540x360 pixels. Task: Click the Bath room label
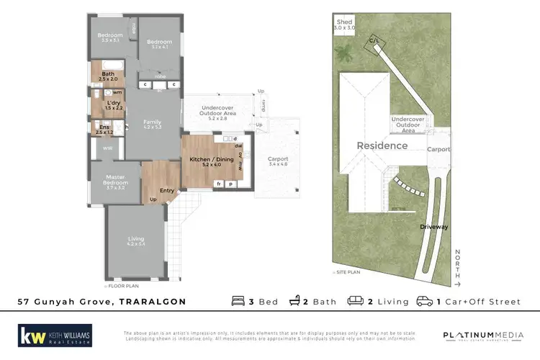[108, 74]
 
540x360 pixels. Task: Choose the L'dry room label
[113, 104]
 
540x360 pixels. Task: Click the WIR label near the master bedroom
[107, 148]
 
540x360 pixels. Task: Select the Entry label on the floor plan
[167, 190]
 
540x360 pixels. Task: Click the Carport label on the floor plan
[277, 160]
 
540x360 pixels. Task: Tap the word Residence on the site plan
[382, 145]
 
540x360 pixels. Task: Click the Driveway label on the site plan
[434, 227]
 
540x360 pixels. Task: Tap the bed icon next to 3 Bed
[238, 302]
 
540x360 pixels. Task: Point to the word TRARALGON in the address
[152, 302]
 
